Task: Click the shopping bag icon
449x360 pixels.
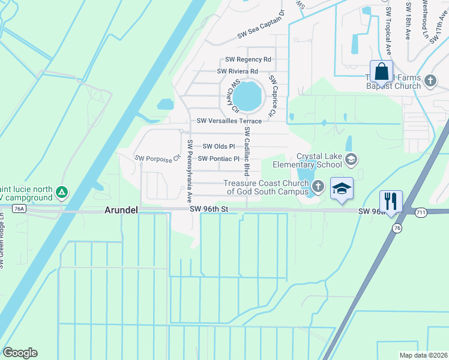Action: tap(381, 72)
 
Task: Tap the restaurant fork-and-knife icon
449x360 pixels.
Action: tap(391, 201)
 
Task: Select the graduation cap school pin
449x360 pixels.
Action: tap(342, 189)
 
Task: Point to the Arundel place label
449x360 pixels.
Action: tap(122, 210)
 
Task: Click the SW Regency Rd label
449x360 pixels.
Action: tap(248, 59)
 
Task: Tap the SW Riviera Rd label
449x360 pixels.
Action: tap(237, 71)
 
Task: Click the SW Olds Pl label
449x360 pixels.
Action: tap(218, 146)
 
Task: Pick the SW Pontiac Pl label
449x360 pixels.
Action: tap(218, 159)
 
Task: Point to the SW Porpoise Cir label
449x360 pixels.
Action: tap(158, 159)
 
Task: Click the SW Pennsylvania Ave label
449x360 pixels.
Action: tap(190, 170)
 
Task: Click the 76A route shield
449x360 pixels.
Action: tap(19, 208)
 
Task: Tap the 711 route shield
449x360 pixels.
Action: tap(421, 212)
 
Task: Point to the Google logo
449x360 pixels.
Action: tap(20, 353)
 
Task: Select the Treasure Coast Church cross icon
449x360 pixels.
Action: tap(318, 187)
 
